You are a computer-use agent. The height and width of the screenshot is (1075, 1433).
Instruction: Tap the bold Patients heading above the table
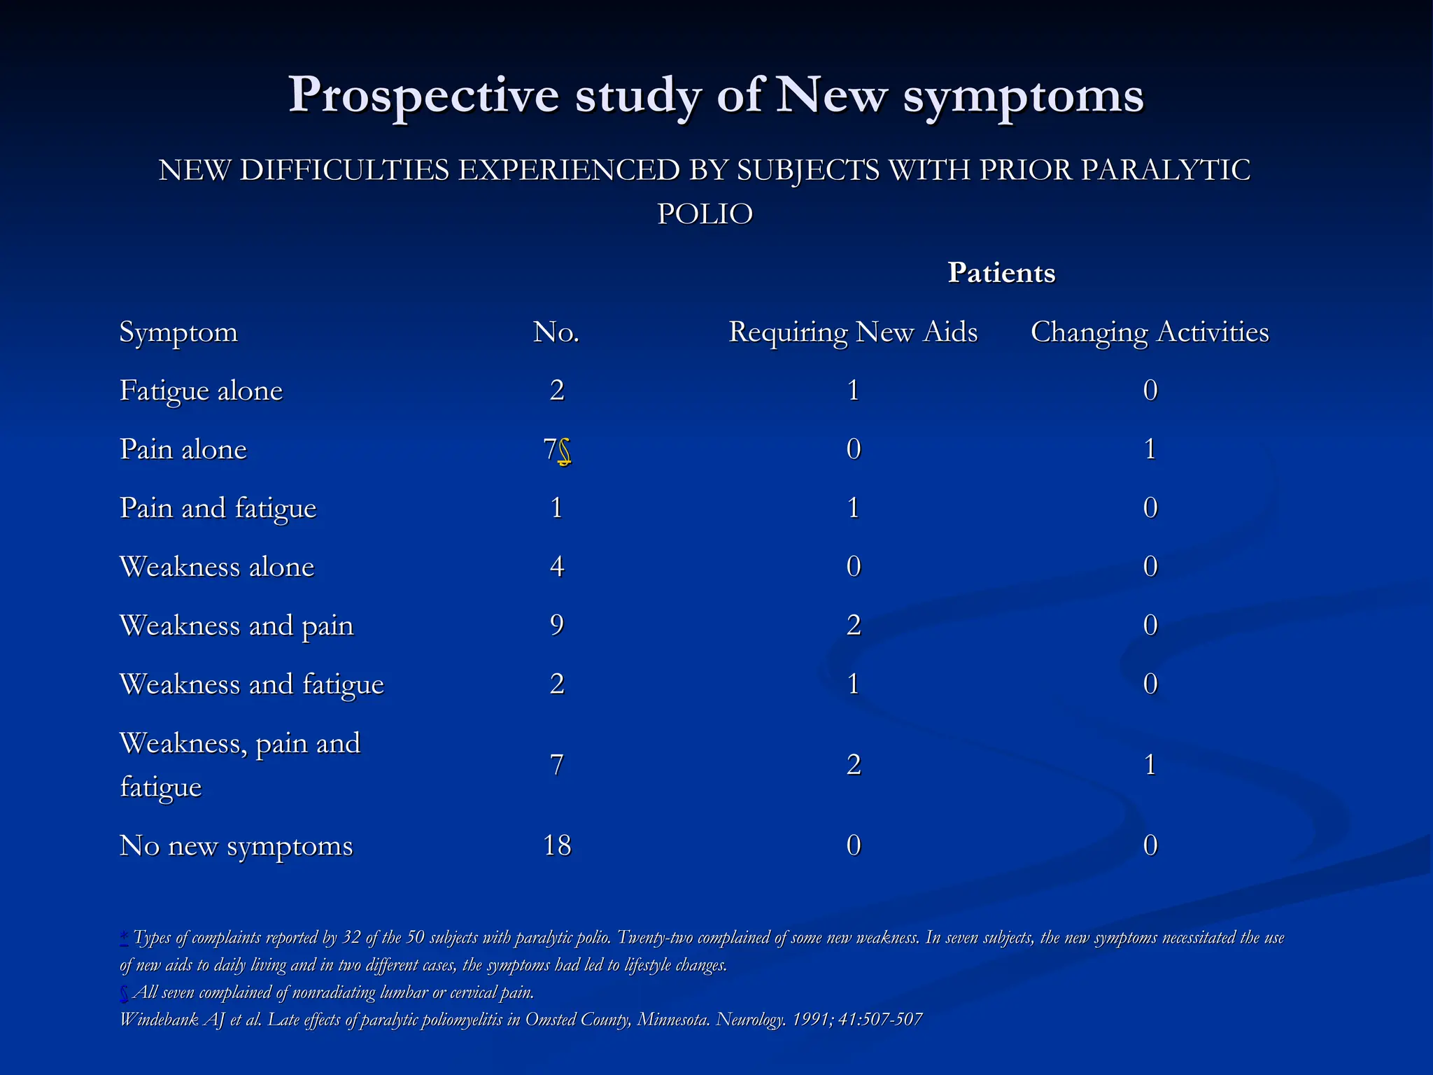pos(1001,272)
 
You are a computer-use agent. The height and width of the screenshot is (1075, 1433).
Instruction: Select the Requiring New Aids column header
pos(853,332)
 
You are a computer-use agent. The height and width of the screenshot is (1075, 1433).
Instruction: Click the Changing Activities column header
pos(1149,332)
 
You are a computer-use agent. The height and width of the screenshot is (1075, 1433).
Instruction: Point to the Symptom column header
pos(178,332)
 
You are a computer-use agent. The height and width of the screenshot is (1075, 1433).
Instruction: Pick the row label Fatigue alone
pos(201,391)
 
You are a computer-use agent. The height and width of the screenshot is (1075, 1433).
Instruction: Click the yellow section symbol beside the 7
pos(564,452)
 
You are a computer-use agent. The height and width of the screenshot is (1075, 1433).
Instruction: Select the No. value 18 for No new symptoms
pos(557,845)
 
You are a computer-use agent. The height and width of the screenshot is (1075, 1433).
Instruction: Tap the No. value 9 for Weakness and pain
pos(557,625)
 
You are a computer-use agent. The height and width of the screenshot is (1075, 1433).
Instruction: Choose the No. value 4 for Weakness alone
pos(557,566)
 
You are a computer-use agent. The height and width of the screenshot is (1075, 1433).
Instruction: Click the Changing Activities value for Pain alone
pos(1150,449)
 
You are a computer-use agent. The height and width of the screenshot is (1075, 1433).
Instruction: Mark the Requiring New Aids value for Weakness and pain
pos(853,625)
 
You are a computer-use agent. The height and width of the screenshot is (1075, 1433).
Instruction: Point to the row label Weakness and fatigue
pos(252,684)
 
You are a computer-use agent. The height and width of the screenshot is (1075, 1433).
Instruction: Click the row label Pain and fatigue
pos(218,508)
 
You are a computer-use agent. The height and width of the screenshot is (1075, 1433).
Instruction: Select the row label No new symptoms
pos(236,845)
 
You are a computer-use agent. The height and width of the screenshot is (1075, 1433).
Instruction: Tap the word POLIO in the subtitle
pos(705,213)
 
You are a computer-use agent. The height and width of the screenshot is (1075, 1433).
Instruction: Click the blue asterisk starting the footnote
pos(124,936)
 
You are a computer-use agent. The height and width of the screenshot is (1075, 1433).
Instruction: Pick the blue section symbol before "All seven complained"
pos(124,993)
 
